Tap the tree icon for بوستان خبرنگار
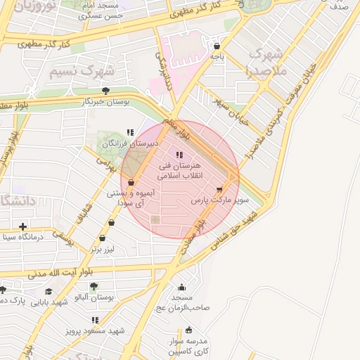click(x=105, y=91)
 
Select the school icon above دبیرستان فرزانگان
click(x=129, y=132)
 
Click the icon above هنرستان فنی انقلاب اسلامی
click(x=179, y=155)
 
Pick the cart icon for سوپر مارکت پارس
click(x=220, y=189)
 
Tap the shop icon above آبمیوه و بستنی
click(x=131, y=182)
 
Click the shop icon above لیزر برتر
click(x=111, y=222)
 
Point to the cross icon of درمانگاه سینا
click(x=23, y=226)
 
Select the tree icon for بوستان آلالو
click(x=94, y=285)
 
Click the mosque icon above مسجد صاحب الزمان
click(x=181, y=287)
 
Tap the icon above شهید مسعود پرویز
click(x=95, y=320)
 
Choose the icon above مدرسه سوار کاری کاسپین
click(x=188, y=330)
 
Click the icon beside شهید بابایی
click(x=48, y=291)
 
